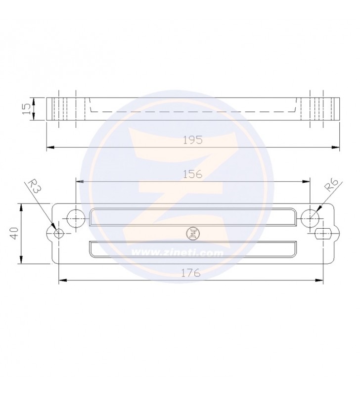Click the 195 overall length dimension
[x=193, y=140]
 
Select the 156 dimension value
[x=192, y=174]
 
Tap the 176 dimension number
[x=191, y=273]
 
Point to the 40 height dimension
[x=14, y=233]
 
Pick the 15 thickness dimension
[x=27, y=109]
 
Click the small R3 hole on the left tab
[x=59, y=233]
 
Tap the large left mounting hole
[x=76, y=218]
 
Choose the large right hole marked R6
[x=310, y=218]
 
